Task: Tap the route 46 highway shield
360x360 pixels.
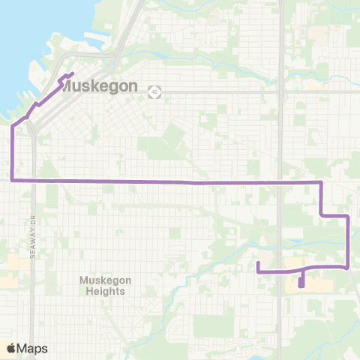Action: coord(154,91)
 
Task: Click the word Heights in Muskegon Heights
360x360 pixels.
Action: coord(105,291)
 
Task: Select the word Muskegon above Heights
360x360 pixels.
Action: coord(105,280)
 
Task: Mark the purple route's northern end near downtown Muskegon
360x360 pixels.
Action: coord(72,73)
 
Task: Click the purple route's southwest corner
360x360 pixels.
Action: coord(12,180)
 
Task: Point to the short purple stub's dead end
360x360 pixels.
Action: coord(301,285)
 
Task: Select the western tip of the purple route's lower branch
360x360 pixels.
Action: coord(258,262)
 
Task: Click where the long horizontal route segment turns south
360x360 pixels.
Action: coord(321,182)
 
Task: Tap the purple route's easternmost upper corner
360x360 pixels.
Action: coord(348,216)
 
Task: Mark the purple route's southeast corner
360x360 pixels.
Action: coord(348,267)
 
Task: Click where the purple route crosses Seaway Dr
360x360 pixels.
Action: coord(34,180)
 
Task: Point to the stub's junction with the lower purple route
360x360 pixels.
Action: coord(301,270)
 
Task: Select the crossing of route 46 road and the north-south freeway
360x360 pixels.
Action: coord(280,91)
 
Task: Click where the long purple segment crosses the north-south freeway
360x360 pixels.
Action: coord(280,182)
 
